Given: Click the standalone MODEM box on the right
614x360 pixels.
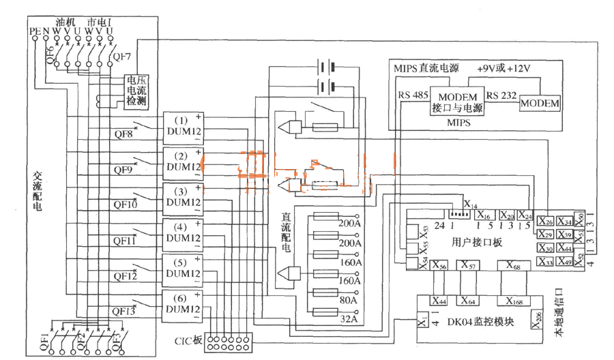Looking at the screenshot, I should (540, 103).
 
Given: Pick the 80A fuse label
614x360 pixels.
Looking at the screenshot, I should (349, 299).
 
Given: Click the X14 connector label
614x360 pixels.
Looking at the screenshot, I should (471, 204).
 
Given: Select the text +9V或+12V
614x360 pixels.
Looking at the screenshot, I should (503, 70).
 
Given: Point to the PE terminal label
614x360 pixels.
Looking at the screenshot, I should (35, 31).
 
